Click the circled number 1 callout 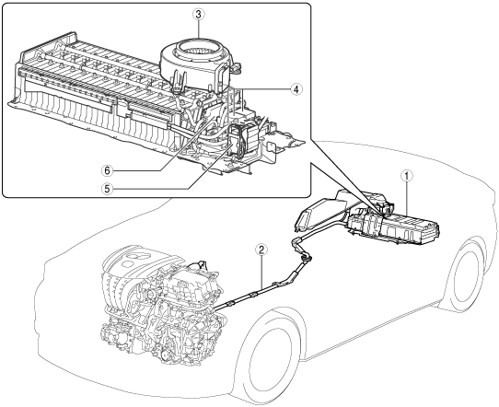(x=407, y=175)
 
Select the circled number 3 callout (x=199, y=15)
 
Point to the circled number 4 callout (x=296, y=89)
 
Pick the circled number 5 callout (x=107, y=189)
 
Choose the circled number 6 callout (x=107, y=171)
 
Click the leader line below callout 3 (x=199, y=29)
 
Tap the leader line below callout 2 (x=261, y=273)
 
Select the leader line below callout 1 (x=407, y=198)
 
